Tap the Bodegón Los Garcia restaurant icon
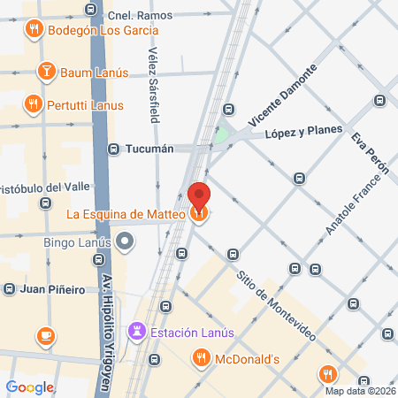tap(34, 29)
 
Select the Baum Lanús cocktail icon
tap(45, 71)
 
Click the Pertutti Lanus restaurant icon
tap(34, 103)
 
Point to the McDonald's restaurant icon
tap(201, 358)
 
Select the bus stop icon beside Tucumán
tap(113, 149)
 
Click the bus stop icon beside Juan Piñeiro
tap(10, 289)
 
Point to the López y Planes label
tap(302, 133)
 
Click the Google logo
tap(30, 387)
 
